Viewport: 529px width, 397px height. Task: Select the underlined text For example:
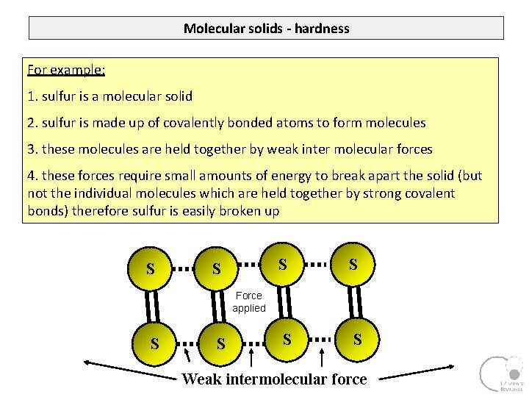[x=66, y=71]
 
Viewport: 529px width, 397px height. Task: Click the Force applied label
[x=248, y=301]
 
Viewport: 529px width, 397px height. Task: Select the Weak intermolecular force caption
[x=274, y=379]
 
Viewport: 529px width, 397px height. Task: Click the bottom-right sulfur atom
[x=357, y=339]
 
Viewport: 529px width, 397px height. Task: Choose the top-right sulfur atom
[x=353, y=263]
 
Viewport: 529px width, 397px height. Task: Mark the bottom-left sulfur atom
[x=154, y=343]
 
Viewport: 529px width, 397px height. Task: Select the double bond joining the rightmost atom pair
[x=356, y=301]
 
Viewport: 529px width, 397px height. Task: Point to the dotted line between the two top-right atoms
[x=317, y=262]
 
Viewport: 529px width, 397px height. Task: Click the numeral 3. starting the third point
[x=32, y=149]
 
